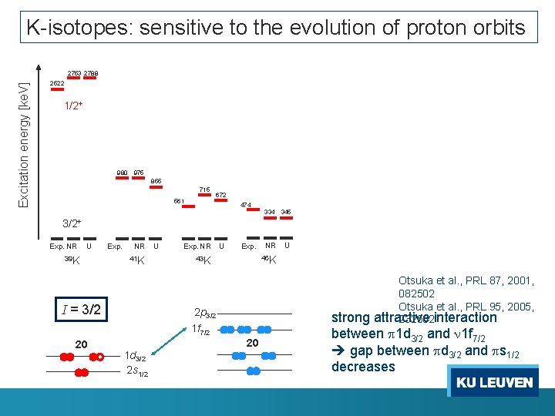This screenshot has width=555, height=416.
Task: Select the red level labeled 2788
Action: tap(90, 80)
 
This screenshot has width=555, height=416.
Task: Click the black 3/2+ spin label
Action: tap(72, 223)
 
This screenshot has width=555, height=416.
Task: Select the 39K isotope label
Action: tap(71, 260)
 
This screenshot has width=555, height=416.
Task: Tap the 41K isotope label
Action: tap(136, 260)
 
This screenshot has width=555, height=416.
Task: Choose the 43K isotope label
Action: tap(203, 260)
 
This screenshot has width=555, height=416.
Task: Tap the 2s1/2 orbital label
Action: tap(136, 373)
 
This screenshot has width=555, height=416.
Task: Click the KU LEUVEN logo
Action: tap(493, 383)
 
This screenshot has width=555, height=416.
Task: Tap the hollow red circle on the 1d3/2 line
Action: tap(99, 357)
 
